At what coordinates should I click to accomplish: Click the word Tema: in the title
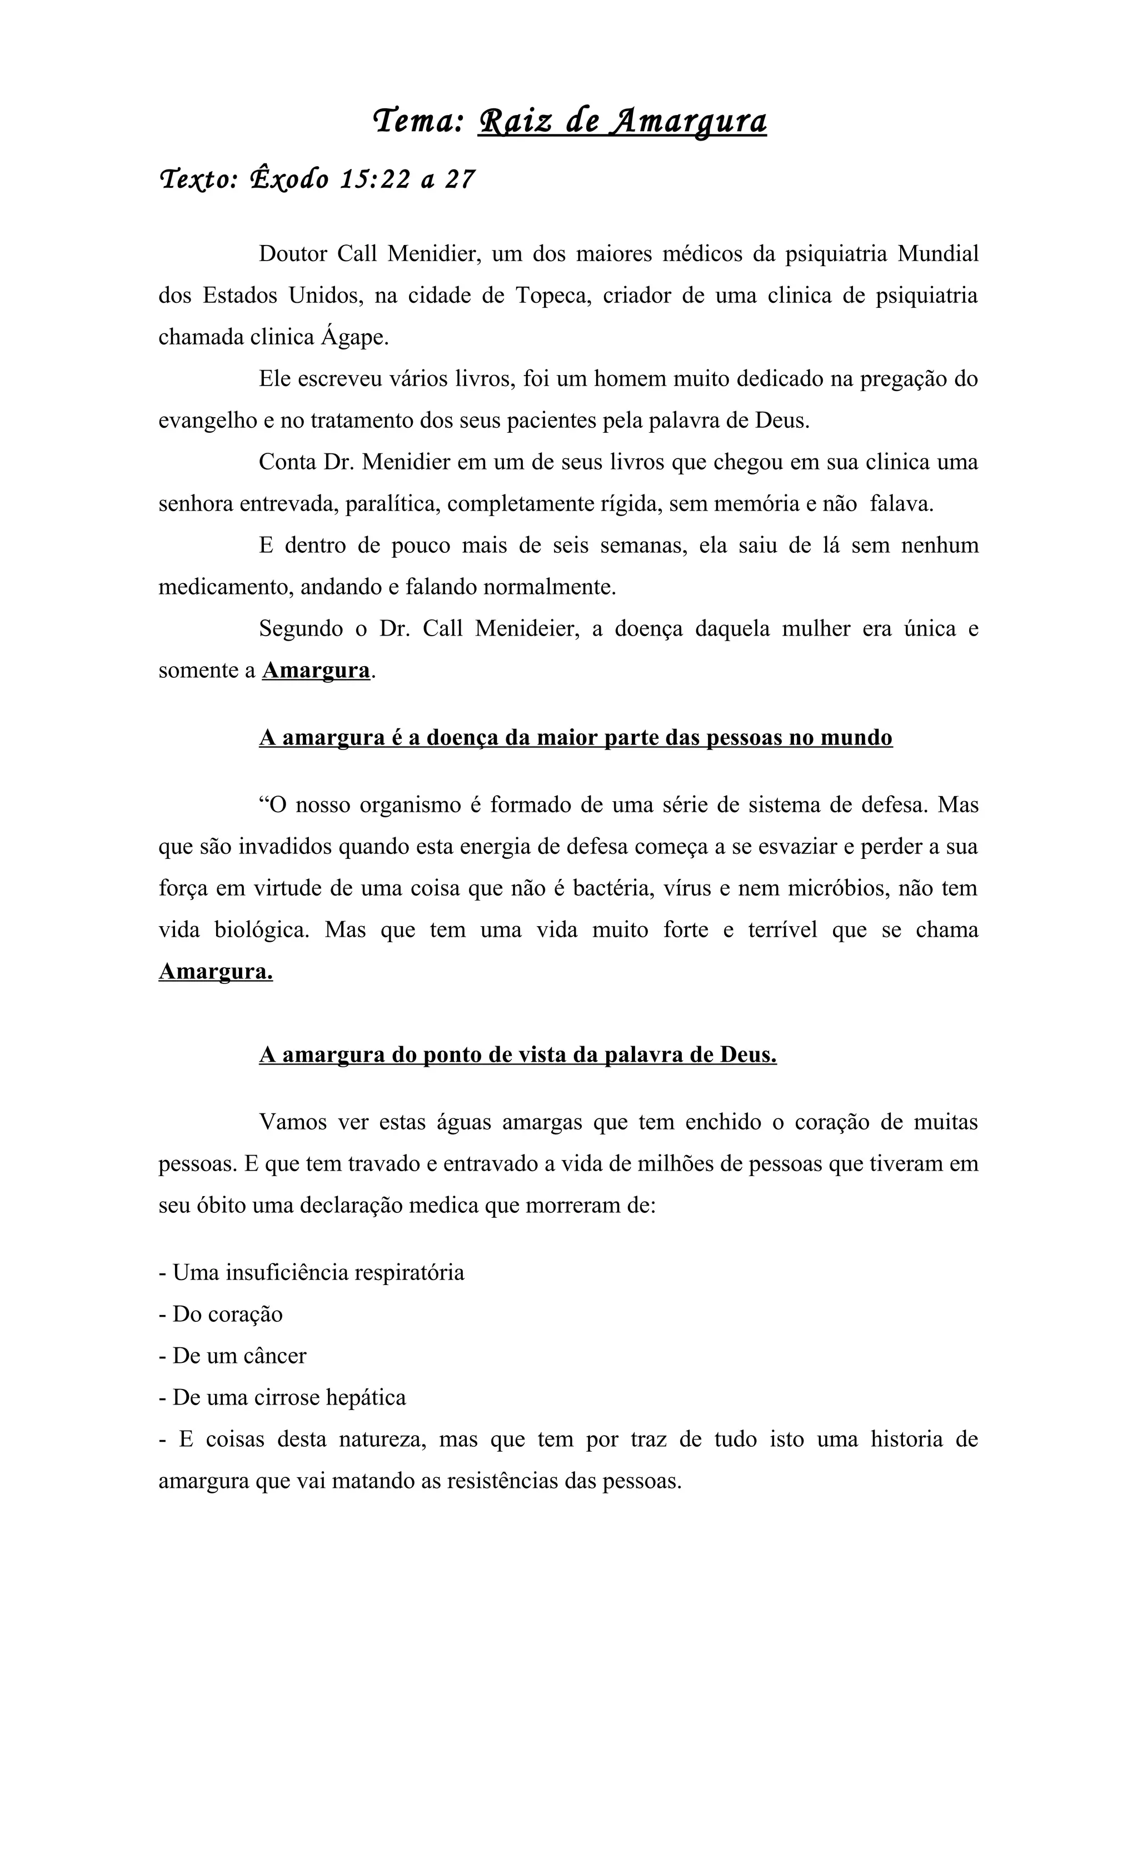tap(418, 121)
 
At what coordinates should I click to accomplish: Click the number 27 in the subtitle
tap(460, 179)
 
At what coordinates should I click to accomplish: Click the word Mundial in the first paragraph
tap(937, 253)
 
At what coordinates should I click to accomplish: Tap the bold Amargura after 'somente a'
tap(316, 671)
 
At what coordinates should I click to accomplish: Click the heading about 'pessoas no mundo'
tap(575, 738)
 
